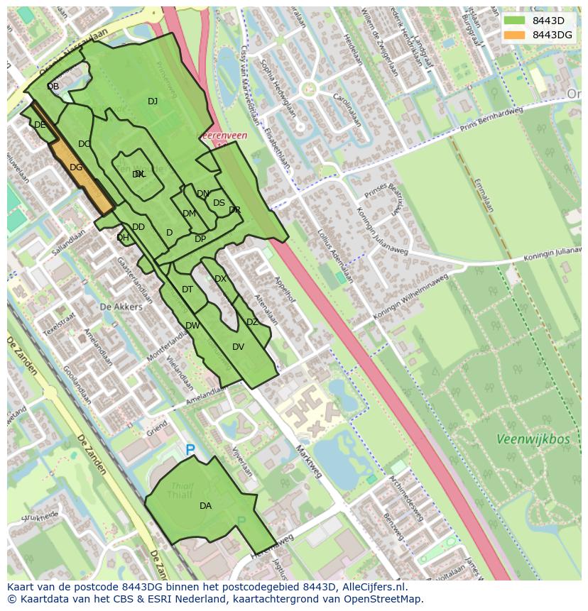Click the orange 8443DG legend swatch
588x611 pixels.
[x=514, y=35]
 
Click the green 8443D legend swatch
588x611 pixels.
[x=514, y=21]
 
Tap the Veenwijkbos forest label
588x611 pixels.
[x=533, y=439]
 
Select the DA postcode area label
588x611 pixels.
[x=205, y=506]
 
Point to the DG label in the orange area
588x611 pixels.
[x=76, y=167]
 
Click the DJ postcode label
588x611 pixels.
[x=153, y=101]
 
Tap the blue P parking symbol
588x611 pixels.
[x=190, y=450]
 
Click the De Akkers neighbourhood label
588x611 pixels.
[x=121, y=307]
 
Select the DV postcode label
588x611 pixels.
[x=238, y=347]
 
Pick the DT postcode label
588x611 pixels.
[x=187, y=290]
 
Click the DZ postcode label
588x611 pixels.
[x=252, y=322]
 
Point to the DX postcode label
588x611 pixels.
[x=220, y=279]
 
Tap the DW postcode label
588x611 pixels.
[x=192, y=326]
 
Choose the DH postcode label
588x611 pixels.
[x=123, y=238]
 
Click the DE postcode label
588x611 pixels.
[x=40, y=125]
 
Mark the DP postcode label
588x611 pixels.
[x=200, y=239]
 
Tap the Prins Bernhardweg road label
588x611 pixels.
[x=491, y=117]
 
